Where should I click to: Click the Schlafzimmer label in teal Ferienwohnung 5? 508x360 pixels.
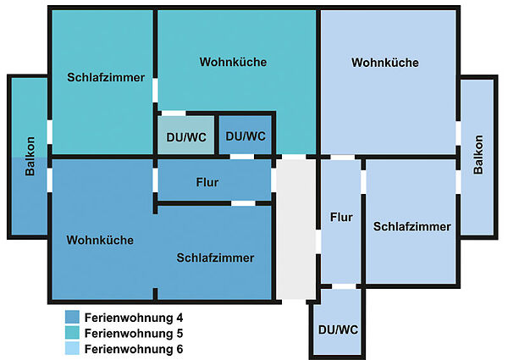point(106,77)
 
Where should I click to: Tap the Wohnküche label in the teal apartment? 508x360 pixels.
point(233,62)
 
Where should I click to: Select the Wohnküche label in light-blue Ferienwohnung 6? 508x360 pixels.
point(385,63)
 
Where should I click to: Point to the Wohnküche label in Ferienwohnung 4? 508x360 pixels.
point(100,240)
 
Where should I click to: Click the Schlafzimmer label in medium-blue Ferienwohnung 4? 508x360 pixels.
point(215,258)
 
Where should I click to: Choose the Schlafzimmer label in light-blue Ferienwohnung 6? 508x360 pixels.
point(411,226)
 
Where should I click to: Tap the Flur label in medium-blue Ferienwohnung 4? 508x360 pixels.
point(207,182)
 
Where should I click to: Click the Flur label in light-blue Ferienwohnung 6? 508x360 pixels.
point(341,217)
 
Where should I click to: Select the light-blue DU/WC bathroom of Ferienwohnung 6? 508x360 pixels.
point(338,322)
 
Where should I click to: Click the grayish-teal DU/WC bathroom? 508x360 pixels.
point(186,135)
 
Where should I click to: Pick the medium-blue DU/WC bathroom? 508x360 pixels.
point(245,135)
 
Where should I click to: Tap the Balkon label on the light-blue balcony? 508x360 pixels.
point(478,154)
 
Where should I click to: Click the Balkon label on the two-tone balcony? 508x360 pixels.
point(30,156)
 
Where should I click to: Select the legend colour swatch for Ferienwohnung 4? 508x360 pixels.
point(72,317)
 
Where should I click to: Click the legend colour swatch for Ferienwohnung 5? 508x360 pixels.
point(72,332)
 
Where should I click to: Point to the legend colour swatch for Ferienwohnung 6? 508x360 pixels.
point(72,348)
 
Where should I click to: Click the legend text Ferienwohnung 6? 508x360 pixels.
point(134,349)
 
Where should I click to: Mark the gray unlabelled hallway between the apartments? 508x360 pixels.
point(295,229)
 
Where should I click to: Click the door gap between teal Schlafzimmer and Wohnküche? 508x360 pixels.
point(155,91)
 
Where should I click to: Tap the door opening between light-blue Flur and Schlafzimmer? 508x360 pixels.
point(363,182)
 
